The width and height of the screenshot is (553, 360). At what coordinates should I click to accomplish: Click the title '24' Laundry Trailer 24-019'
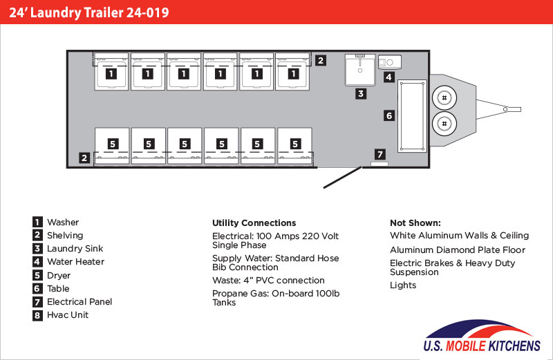click(89, 12)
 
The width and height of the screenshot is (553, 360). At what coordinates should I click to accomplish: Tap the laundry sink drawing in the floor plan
click(360, 70)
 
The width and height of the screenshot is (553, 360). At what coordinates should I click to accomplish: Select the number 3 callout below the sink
click(360, 94)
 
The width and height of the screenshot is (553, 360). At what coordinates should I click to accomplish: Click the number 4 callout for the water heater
click(388, 77)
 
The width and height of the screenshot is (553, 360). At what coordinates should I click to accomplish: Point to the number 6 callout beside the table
click(389, 115)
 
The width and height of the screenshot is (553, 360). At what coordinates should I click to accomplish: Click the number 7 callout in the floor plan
click(379, 155)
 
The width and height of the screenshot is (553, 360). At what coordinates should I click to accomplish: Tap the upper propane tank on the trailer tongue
click(444, 97)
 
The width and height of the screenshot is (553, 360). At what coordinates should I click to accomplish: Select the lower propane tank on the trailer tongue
click(444, 124)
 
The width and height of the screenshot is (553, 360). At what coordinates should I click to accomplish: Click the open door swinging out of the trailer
click(342, 178)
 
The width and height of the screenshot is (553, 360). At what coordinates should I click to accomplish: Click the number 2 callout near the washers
click(320, 61)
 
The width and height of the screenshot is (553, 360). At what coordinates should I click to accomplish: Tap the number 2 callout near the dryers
click(84, 158)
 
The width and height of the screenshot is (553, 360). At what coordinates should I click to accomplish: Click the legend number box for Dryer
click(37, 275)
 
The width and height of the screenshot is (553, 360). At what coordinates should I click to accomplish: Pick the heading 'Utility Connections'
click(254, 222)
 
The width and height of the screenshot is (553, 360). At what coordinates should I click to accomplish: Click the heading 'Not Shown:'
click(415, 222)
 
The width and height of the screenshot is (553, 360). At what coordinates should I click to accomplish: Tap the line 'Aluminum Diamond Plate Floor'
click(458, 250)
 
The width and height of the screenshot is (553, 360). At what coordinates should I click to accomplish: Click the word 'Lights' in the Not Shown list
click(403, 285)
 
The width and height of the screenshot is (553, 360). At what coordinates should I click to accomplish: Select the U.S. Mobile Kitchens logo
click(482, 336)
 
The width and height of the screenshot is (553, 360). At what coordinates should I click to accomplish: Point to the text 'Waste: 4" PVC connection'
click(268, 281)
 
